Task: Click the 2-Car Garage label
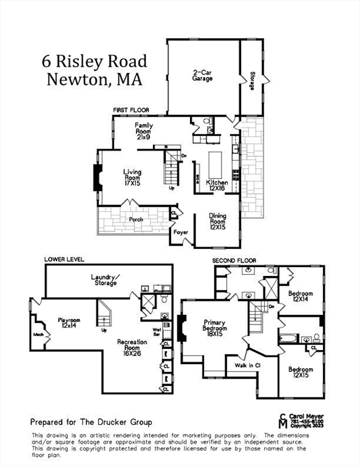tap(202, 75)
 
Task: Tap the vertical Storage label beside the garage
tap(251, 82)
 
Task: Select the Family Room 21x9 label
tap(144, 131)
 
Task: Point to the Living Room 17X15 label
tap(132, 177)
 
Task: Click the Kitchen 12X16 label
tap(217, 186)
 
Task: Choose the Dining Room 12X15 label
tap(217, 219)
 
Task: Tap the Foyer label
tap(180, 232)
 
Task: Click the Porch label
tap(135, 219)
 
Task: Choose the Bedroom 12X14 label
tap(301, 296)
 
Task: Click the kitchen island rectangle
tap(216, 164)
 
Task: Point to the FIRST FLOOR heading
tap(131, 110)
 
